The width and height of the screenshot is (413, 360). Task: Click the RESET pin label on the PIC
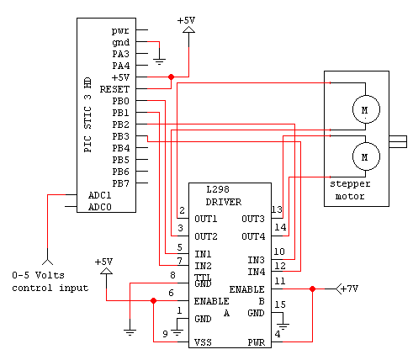(114, 89)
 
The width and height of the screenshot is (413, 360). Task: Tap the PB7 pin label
(121, 183)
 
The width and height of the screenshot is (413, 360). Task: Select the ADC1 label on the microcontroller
(100, 195)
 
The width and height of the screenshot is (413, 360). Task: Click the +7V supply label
(349, 289)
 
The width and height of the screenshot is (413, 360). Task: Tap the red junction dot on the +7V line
(312, 289)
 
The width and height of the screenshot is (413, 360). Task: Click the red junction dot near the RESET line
(171, 77)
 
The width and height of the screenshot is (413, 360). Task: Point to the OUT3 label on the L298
(253, 219)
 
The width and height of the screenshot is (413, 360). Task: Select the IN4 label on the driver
(256, 272)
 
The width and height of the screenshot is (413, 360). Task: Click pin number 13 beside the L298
(277, 209)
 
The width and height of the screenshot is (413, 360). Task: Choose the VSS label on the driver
(203, 342)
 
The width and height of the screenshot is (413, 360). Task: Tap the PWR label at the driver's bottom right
(256, 342)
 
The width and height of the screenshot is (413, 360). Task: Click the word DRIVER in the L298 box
(224, 202)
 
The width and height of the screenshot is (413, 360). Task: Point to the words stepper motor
(350, 190)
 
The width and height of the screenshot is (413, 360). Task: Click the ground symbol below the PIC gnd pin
(159, 61)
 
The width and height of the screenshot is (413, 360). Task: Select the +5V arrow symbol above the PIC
(188, 29)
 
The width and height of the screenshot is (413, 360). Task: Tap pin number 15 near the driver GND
(280, 304)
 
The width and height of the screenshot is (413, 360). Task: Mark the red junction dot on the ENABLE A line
(153, 300)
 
